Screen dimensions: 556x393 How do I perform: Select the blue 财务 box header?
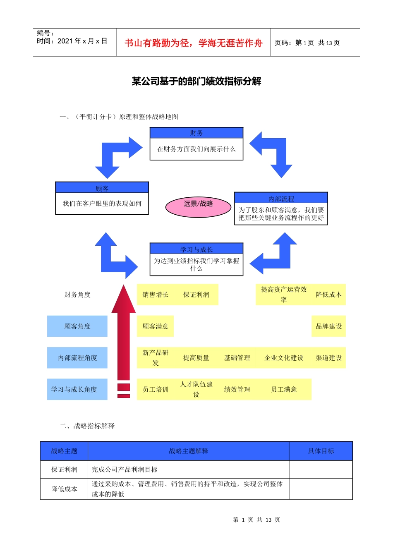(x=196, y=133)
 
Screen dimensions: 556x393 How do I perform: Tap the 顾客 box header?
(x=102, y=188)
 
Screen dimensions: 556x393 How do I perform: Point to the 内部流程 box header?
(x=281, y=198)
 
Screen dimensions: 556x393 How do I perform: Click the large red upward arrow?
(x=123, y=331)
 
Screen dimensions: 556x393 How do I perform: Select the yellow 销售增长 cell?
(x=156, y=295)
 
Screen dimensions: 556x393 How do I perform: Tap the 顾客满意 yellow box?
(x=156, y=326)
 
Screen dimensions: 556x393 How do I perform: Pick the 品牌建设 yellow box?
(x=328, y=326)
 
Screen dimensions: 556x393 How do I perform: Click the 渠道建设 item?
(x=328, y=357)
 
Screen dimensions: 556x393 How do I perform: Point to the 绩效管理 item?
(x=237, y=389)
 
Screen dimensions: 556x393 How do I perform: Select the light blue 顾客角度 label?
(x=77, y=326)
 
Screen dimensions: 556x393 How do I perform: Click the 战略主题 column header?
(x=64, y=451)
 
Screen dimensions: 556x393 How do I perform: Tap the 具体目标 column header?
(x=321, y=451)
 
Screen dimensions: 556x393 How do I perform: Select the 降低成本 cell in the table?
(x=64, y=489)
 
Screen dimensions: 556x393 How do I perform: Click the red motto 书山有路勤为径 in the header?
(x=194, y=43)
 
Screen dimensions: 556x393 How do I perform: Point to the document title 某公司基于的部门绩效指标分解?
(x=196, y=81)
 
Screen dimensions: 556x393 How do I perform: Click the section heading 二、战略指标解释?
(x=87, y=426)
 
